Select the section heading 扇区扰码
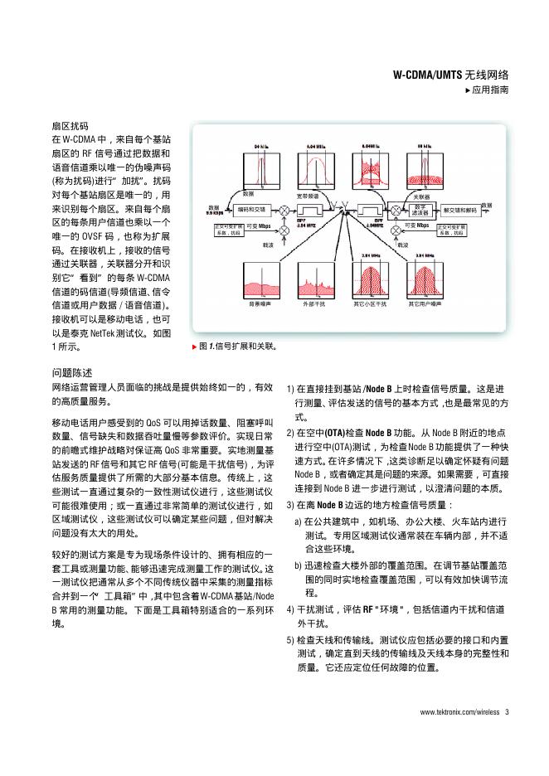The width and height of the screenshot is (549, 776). click(70, 126)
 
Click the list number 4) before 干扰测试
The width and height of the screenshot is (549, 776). click(290, 609)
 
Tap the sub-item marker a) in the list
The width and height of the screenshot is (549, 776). click(298, 521)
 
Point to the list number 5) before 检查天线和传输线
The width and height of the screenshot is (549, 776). click(290, 641)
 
